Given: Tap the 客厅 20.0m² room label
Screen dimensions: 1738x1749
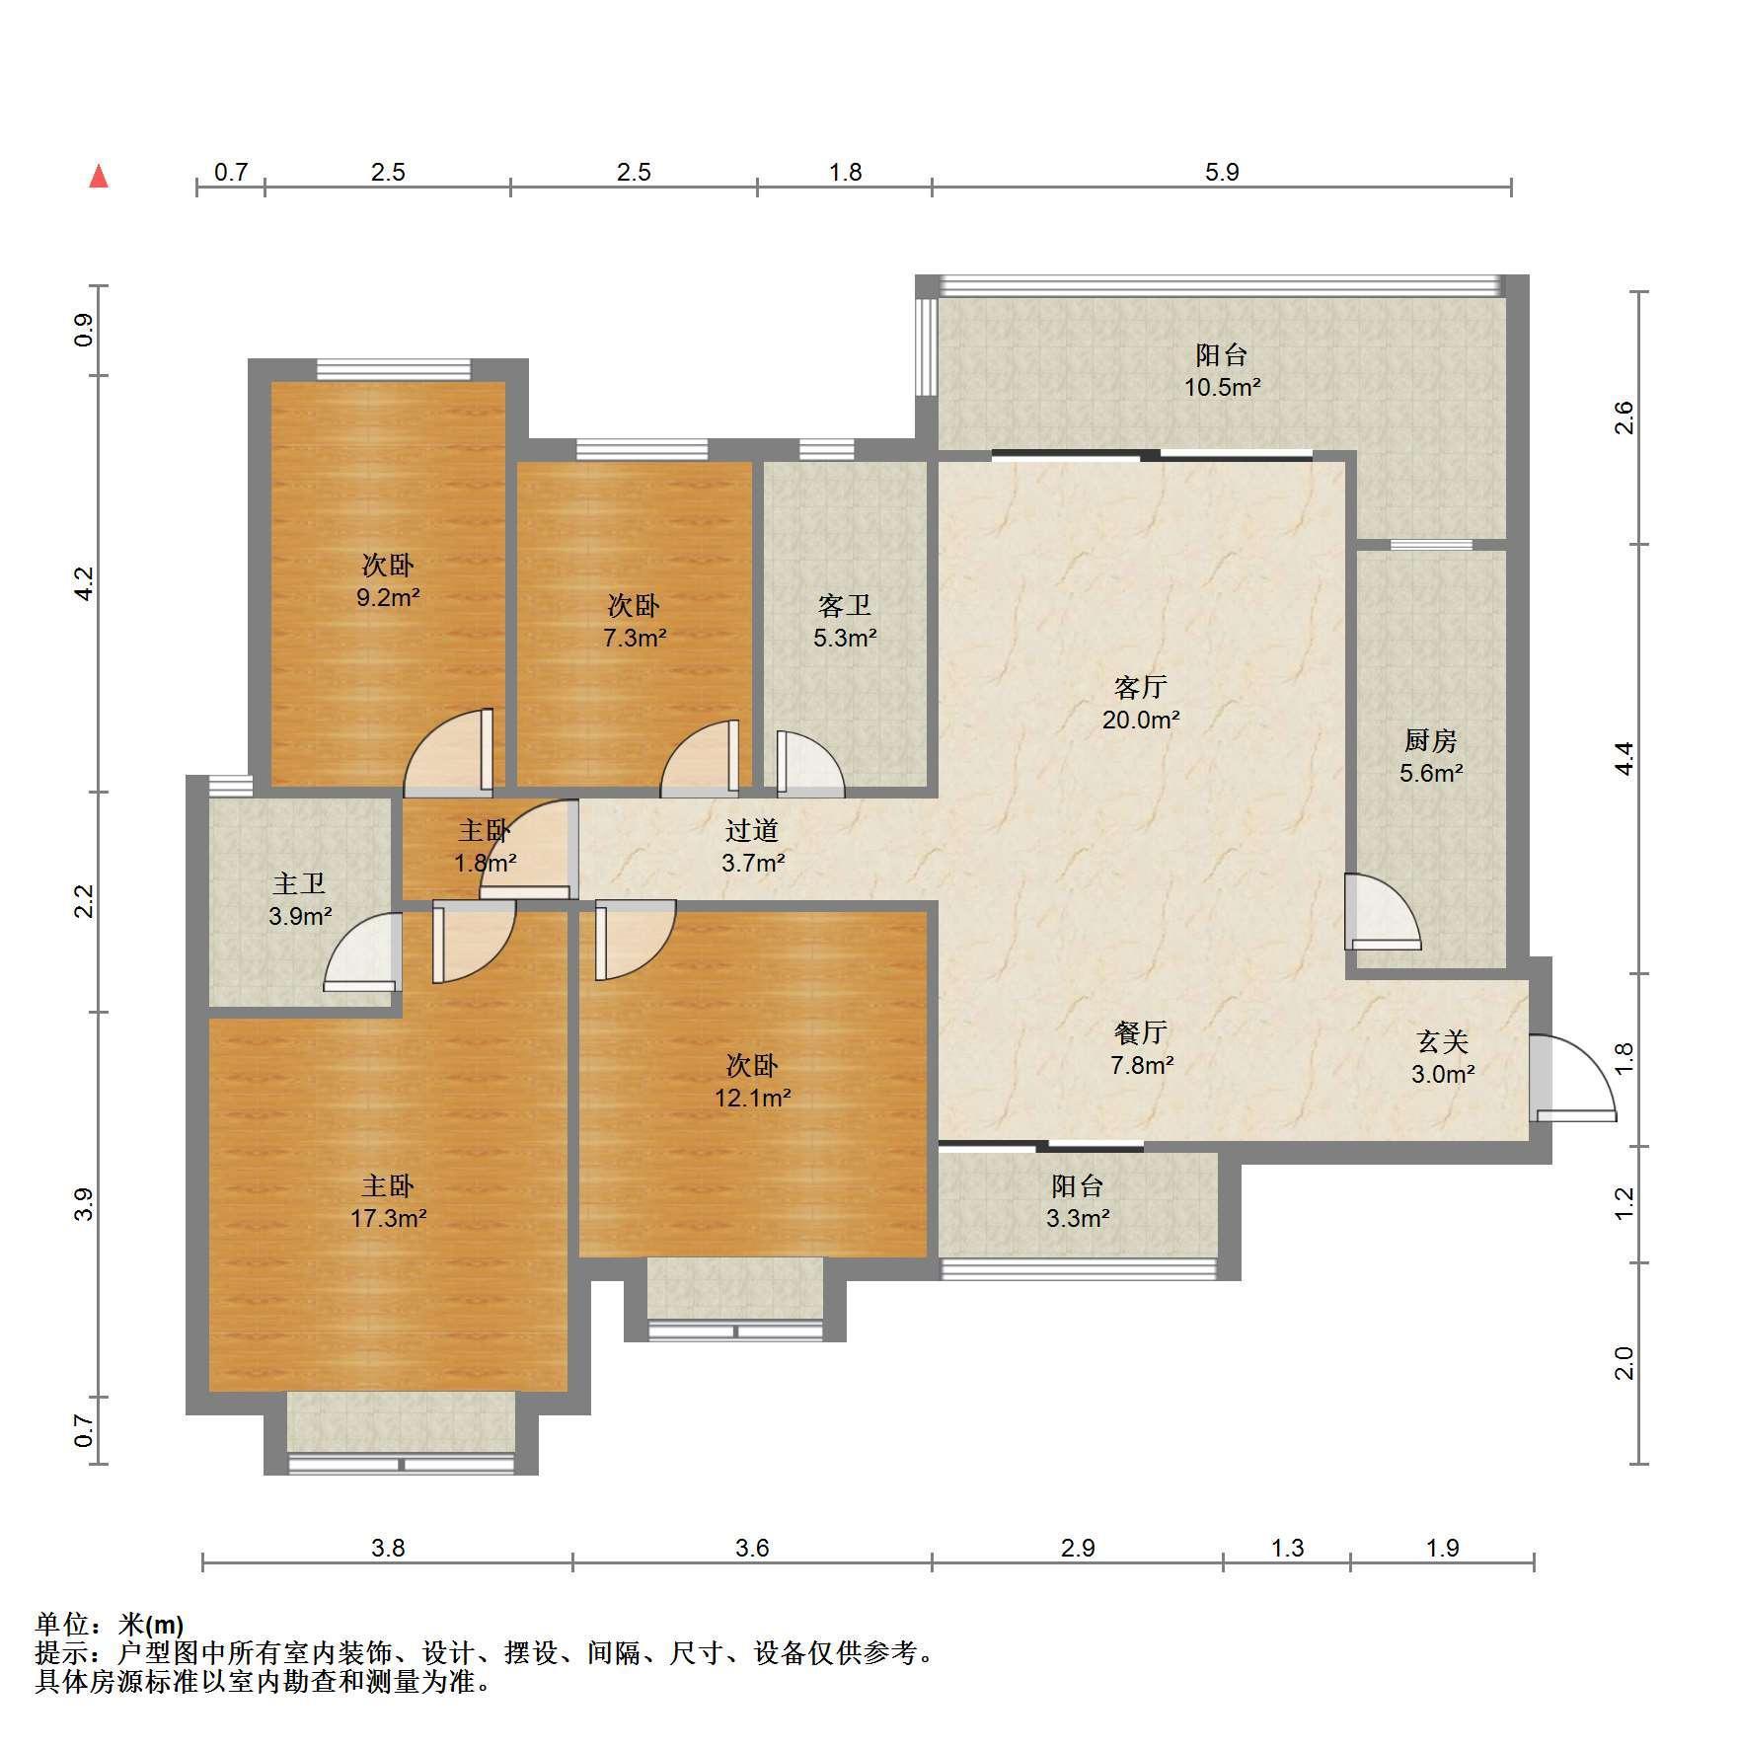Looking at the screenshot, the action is click(1141, 703).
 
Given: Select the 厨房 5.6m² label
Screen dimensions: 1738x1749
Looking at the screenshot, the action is click(1431, 756).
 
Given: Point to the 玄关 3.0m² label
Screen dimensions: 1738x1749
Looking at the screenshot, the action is click(1443, 1057).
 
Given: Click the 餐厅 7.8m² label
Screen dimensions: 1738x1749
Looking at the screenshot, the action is click(1142, 1048).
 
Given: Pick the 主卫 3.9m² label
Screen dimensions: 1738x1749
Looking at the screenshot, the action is click(300, 900).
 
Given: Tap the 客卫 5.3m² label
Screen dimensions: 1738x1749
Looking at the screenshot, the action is click(845, 622).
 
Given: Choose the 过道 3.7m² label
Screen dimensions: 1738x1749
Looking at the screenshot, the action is click(753, 847).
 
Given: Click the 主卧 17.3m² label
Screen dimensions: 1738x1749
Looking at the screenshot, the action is click(388, 1202).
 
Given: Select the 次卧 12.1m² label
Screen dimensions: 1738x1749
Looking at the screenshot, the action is click(753, 1081).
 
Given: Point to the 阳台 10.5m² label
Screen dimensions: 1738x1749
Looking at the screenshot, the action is click(1222, 370).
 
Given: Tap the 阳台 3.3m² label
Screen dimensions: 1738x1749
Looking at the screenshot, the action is click(1078, 1202).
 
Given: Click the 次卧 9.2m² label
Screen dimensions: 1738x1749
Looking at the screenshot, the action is click(388, 580).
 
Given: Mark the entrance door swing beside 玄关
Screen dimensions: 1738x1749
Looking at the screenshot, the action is click(1573, 1078).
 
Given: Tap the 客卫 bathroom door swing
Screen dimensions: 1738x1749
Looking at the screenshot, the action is click(810, 763).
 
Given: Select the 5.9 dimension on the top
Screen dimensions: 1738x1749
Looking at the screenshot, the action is click(1222, 173).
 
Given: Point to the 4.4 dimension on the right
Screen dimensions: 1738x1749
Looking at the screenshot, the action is click(1625, 758).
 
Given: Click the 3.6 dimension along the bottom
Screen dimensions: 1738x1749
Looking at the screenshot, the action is click(752, 1548).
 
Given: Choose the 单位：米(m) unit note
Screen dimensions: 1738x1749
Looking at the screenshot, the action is click(110, 1625).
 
